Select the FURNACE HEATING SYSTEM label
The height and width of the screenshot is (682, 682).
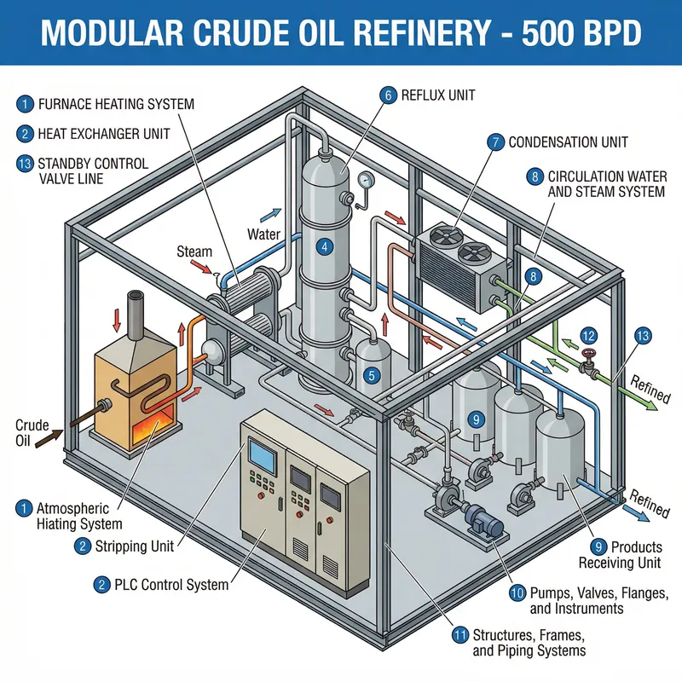[116, 104]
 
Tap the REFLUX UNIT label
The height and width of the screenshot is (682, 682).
[438, 95]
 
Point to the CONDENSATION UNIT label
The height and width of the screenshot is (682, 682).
[568, 142]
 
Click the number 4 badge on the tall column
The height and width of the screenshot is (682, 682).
[324, 247]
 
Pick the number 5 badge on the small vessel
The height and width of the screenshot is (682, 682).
[371, 374]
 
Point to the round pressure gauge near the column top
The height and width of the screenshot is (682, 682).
[367, 181]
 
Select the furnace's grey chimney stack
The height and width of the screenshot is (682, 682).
[136, 308]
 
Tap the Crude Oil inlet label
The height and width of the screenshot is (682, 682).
[26, 432]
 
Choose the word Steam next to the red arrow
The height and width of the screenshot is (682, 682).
[194, 251]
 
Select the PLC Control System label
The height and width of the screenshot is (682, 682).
[170, 585]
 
